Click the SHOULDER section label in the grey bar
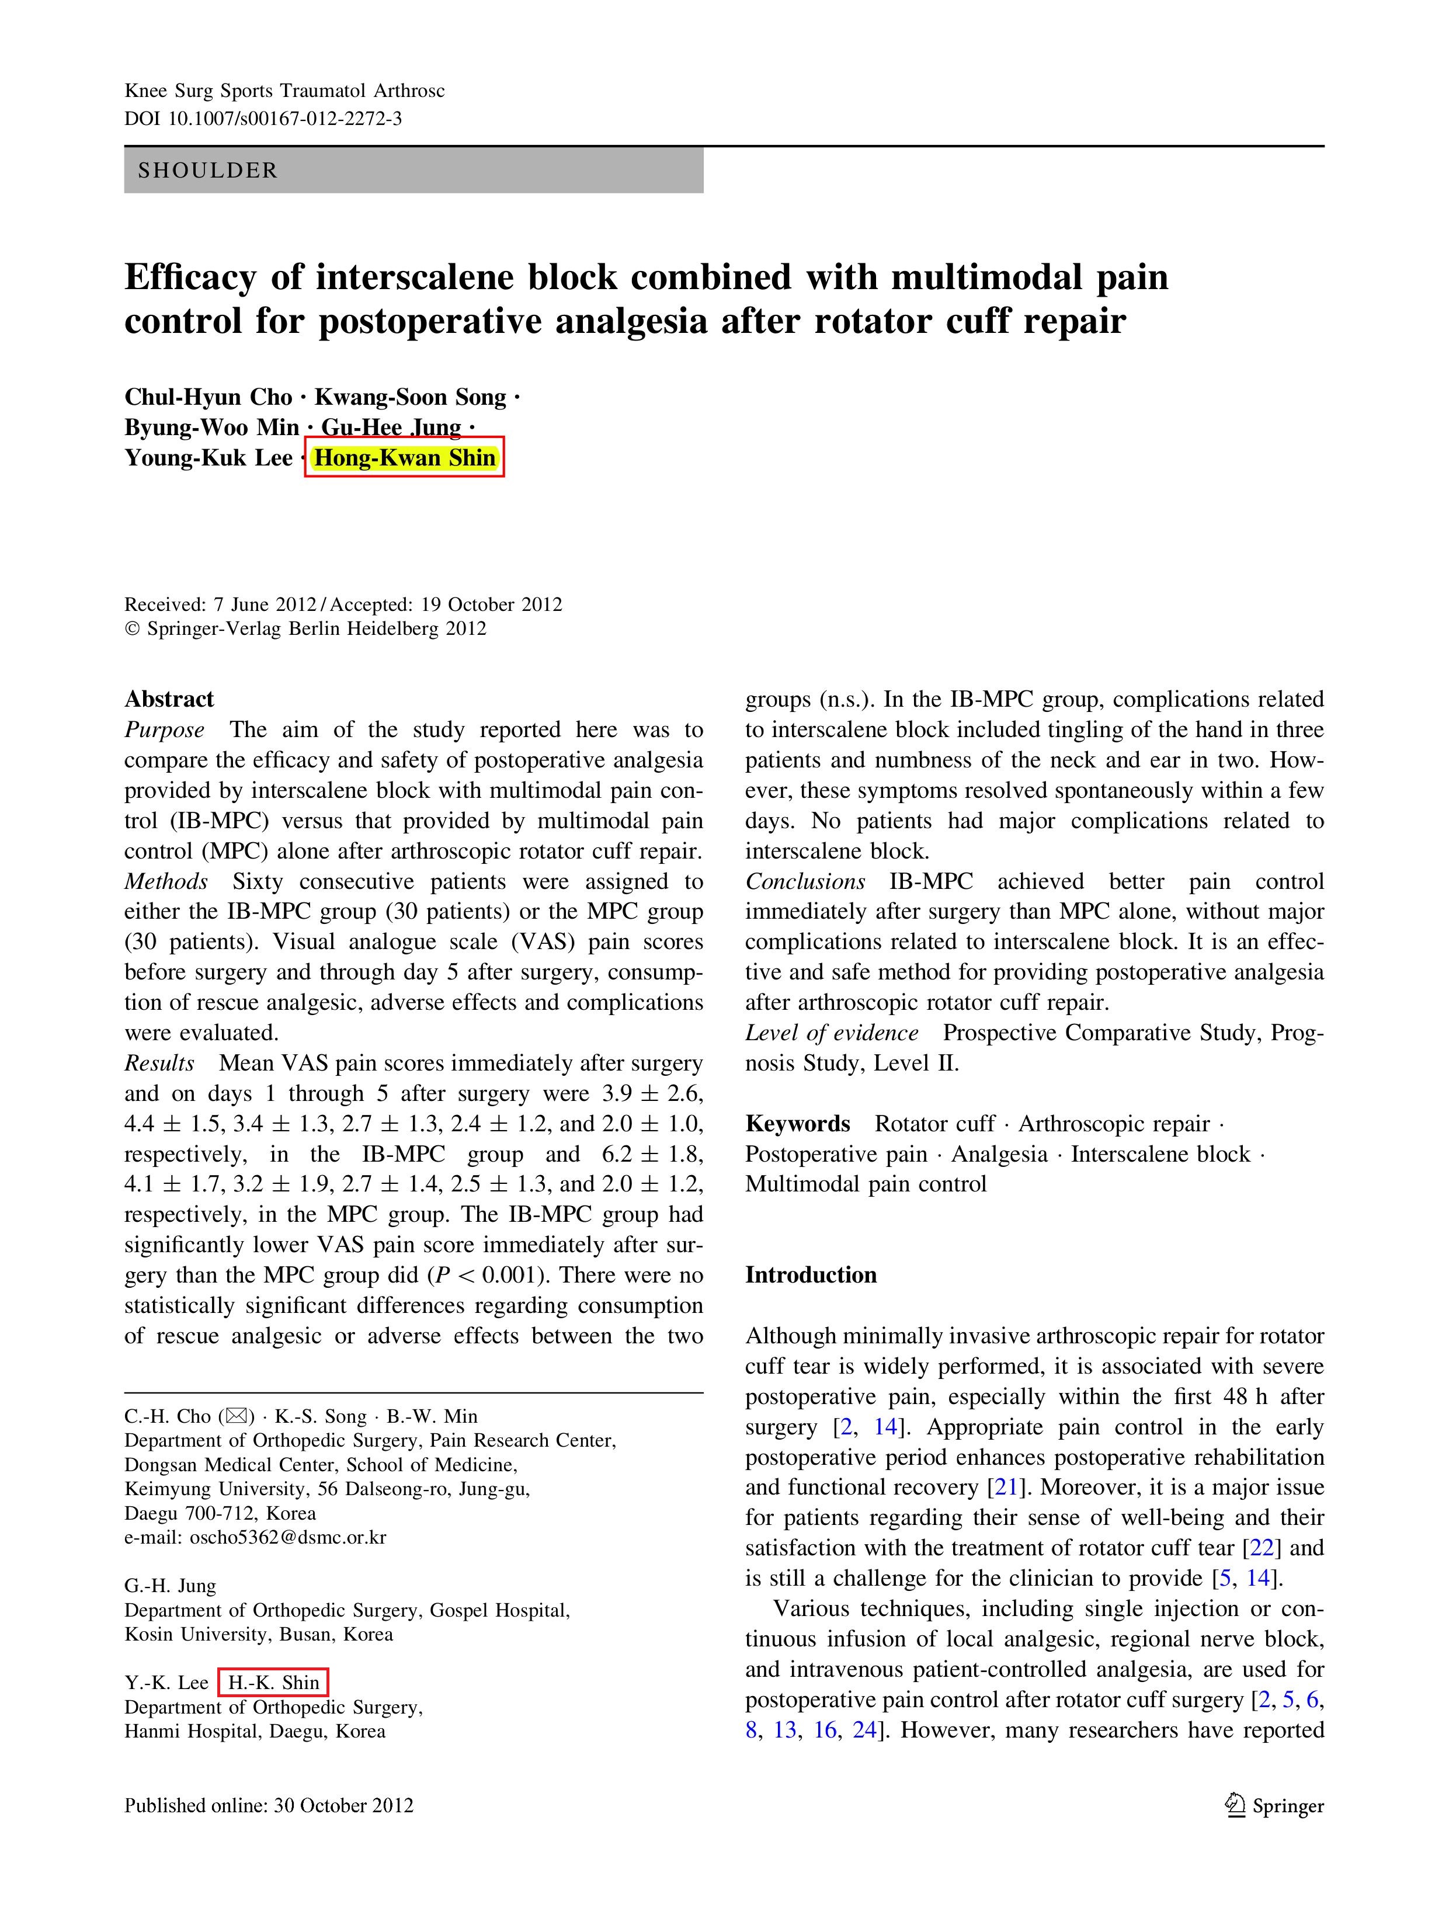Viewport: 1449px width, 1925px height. click(207, 171)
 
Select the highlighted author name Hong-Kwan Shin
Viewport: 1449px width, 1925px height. click(405, 458)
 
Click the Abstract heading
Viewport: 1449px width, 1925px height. click(169, 699)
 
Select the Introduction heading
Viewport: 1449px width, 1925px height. click(810, 1275)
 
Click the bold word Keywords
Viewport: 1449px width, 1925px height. click(797, 1124)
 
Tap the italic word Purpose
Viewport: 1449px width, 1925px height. click(165, 729)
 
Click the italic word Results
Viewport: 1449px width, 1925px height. click(159, 1064)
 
